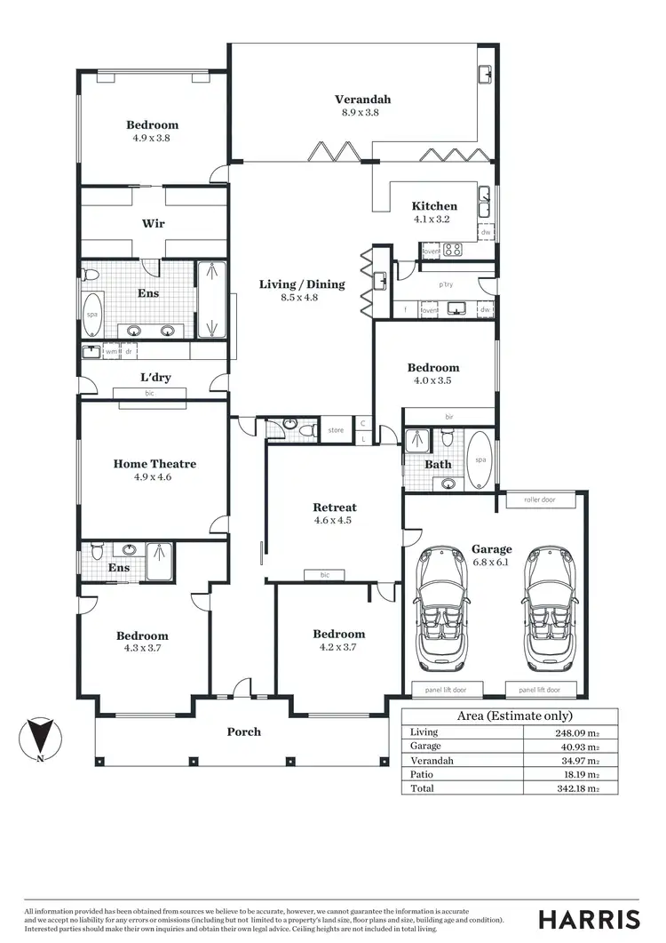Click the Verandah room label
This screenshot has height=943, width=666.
pyautogui.click(x=362, y=100)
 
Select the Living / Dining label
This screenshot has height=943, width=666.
pyautogui.click(x=301, y=284)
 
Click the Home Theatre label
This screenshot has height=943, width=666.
pyautogui.click(x=155, y=463)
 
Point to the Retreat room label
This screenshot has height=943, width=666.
pyautogui.click(x=335, y=507)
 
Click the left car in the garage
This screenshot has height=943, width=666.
pyautogui.click(x=440, y=609)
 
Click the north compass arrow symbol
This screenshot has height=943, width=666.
pyautogui.click(x=38, y=737)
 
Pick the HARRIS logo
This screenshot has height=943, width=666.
pyautogui.click(x=589, y=918)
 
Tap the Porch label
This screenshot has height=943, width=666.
pyautogui.click(x=244, y=731)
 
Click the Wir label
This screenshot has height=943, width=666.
pyautogui.click(x=153, y=223)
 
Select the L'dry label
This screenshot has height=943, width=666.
pyautogui.click(x=155, y=377)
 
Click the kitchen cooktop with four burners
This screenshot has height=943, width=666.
pyautogui.click(x=453, y=250)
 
